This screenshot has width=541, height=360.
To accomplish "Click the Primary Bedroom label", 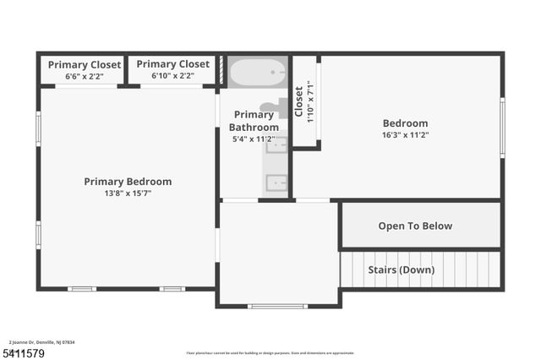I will (128, 182).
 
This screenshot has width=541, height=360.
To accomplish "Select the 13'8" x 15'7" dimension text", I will (128, 193).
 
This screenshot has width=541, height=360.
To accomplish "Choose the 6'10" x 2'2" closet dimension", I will (172, 76).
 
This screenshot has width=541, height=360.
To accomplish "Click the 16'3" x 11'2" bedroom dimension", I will (405, 134).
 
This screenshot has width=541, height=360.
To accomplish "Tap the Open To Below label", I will (414, 226).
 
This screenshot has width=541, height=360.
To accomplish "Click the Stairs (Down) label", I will (401, 270).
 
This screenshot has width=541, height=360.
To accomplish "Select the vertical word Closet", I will (299, 101).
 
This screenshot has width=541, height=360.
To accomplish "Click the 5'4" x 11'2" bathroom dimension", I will (254, 139).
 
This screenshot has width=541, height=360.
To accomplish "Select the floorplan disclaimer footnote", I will (270, 353).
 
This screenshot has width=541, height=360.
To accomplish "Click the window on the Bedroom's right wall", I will (502, 128).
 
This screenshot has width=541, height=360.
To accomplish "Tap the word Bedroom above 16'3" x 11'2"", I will (405, 123).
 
